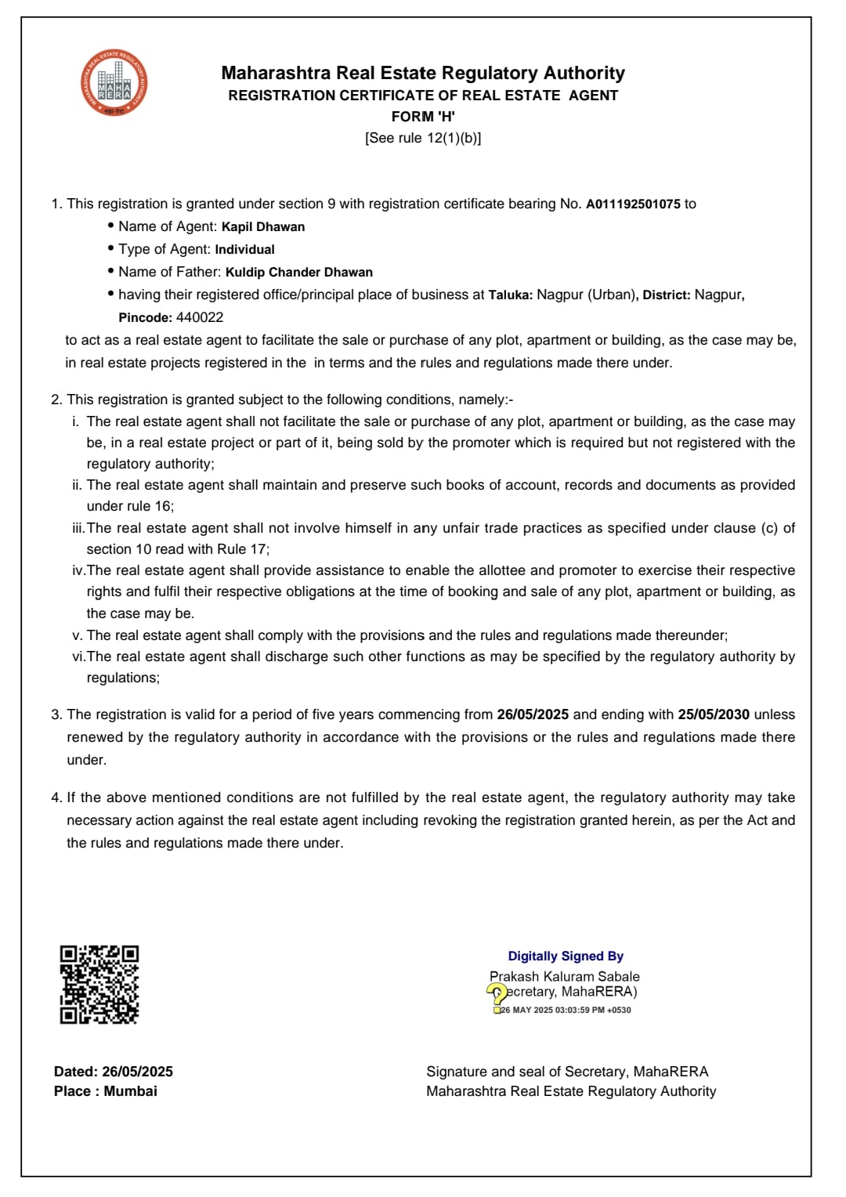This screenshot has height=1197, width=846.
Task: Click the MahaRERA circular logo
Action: pos(114,83)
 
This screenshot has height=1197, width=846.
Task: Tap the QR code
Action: pos(99,984)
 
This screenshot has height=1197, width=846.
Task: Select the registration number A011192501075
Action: pos(633,204)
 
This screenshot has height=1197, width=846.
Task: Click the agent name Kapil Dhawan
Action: pos(263,227)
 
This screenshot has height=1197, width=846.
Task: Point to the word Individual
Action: pos(244,250)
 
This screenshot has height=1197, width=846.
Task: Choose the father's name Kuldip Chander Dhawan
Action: pos(299,273)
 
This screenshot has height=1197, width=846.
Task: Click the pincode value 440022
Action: pos(200,318)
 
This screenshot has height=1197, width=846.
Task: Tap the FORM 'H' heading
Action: pos(423,117)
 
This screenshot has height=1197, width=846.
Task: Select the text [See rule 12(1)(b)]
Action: pos(423,138)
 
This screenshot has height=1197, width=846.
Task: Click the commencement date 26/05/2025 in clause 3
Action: pos(533,715)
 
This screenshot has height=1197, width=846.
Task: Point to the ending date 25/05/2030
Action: pos(714,715)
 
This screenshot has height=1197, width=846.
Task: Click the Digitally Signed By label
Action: pos(566,957)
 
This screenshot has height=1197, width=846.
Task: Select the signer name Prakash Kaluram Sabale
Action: pos(564,977)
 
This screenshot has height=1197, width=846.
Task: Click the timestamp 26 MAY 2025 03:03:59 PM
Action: pos(566,1011)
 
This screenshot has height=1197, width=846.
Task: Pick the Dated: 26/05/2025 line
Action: pos(114,1072)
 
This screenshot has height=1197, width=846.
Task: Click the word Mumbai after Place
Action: pos(131,1091)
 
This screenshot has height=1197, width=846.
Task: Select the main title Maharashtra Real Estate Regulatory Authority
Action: pos(423,74)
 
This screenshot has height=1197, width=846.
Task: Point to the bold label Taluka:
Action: pos(511,295)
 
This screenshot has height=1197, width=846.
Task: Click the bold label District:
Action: pos(667,295)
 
